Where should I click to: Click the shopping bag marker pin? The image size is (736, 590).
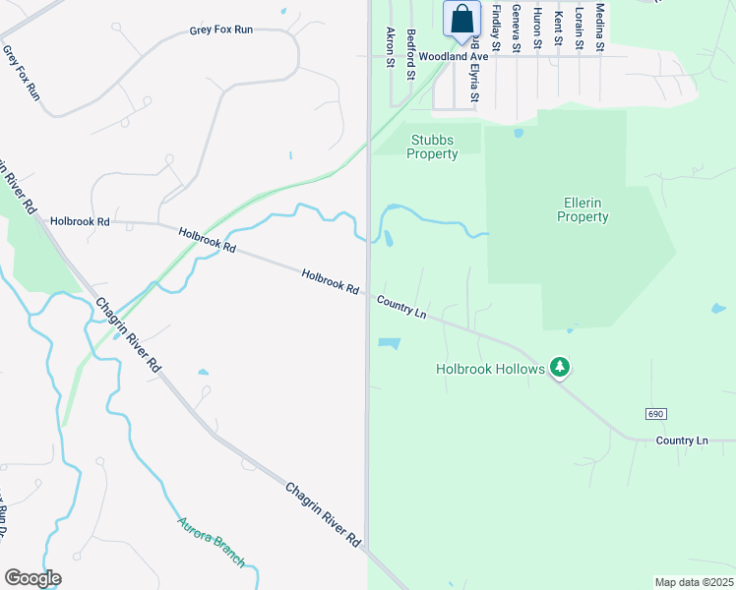(x=461, y=21)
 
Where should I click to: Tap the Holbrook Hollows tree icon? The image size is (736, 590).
(x=560, y=367)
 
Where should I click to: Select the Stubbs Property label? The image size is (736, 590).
(x=433, y=147)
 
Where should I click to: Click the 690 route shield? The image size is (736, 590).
(x=657, y=414)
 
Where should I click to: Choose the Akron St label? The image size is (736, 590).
(x=391, y=47)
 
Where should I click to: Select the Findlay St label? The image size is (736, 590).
(x=495, y=27)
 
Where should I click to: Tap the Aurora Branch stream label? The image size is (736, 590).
(x=211, y=542)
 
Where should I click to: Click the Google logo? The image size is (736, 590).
(x=32, y=578)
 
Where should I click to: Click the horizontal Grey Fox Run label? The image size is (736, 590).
(x=221, y=30)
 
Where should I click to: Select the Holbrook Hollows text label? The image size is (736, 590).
(x=490, y=369)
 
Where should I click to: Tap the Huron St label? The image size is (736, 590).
(x=537, y=27)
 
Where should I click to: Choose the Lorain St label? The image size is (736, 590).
(x=580, y=27)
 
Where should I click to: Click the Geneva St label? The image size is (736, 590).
(x=516, y=27)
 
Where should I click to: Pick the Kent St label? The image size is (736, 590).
(x=558, y=27)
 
